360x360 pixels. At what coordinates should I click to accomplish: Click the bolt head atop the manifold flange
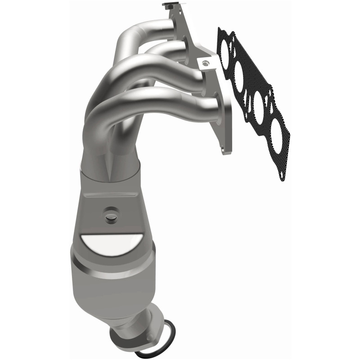(168, 5)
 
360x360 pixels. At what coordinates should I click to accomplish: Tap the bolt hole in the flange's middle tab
(206, 63)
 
